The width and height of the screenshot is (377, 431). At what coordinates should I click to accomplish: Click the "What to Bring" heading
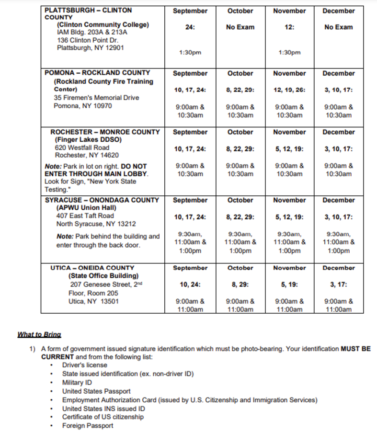pos(39,334)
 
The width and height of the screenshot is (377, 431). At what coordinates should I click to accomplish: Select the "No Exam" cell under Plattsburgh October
pos(240,27)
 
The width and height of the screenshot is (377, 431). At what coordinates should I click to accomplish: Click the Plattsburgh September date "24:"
pos(190,27)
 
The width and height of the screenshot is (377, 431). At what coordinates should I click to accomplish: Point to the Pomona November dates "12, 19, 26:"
pos(289,90)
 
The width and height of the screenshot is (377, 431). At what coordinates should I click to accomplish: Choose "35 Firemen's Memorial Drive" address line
pos(96,98)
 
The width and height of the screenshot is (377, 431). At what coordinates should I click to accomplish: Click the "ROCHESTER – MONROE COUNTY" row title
pos(105,132)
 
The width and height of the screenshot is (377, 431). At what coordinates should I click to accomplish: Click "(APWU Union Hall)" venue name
pos(86,208)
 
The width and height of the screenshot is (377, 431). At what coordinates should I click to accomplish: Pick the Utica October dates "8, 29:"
pos(240,284)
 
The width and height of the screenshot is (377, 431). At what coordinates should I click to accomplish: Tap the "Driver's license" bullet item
pos(85,365)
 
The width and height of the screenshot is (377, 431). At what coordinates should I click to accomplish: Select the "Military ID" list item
pos(77,383)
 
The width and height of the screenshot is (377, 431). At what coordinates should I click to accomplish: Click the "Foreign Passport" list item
pos(88,425)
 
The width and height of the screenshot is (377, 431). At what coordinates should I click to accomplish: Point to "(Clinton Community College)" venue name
pos(103,24)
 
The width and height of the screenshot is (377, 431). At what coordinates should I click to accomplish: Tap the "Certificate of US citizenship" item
pos(103,417)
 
